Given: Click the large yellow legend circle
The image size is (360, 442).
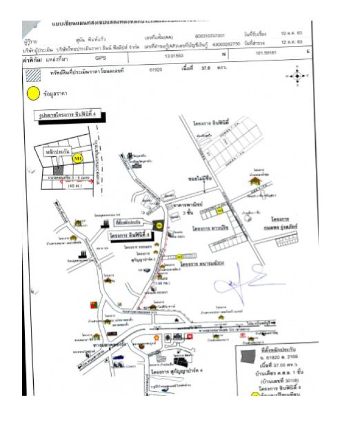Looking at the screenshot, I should tap(33, 93).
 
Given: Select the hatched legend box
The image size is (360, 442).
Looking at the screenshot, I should tap(34, 72).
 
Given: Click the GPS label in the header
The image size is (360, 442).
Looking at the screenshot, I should tap(100, 56).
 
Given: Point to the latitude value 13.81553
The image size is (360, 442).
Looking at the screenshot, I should tap(174, 56).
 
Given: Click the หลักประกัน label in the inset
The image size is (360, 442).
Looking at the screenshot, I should tap(58, 149).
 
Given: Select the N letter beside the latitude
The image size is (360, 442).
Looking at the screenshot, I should tap(224, 55).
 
